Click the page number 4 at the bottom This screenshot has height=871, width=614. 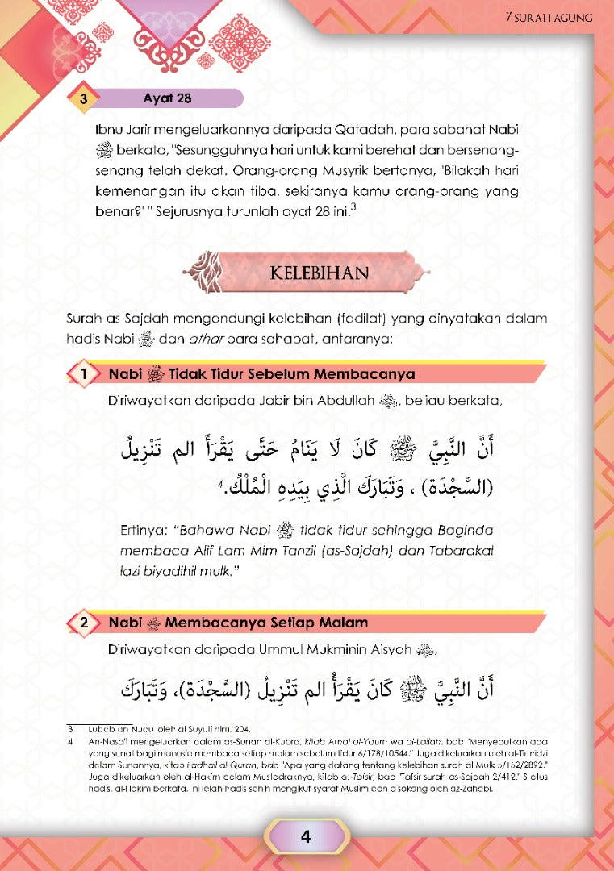pyautogui.click(x=305, y=836)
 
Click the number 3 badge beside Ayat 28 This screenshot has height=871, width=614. pyautogui.click(x=83, y=100)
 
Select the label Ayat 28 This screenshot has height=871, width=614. pyautogui.click(x=167, y=99)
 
